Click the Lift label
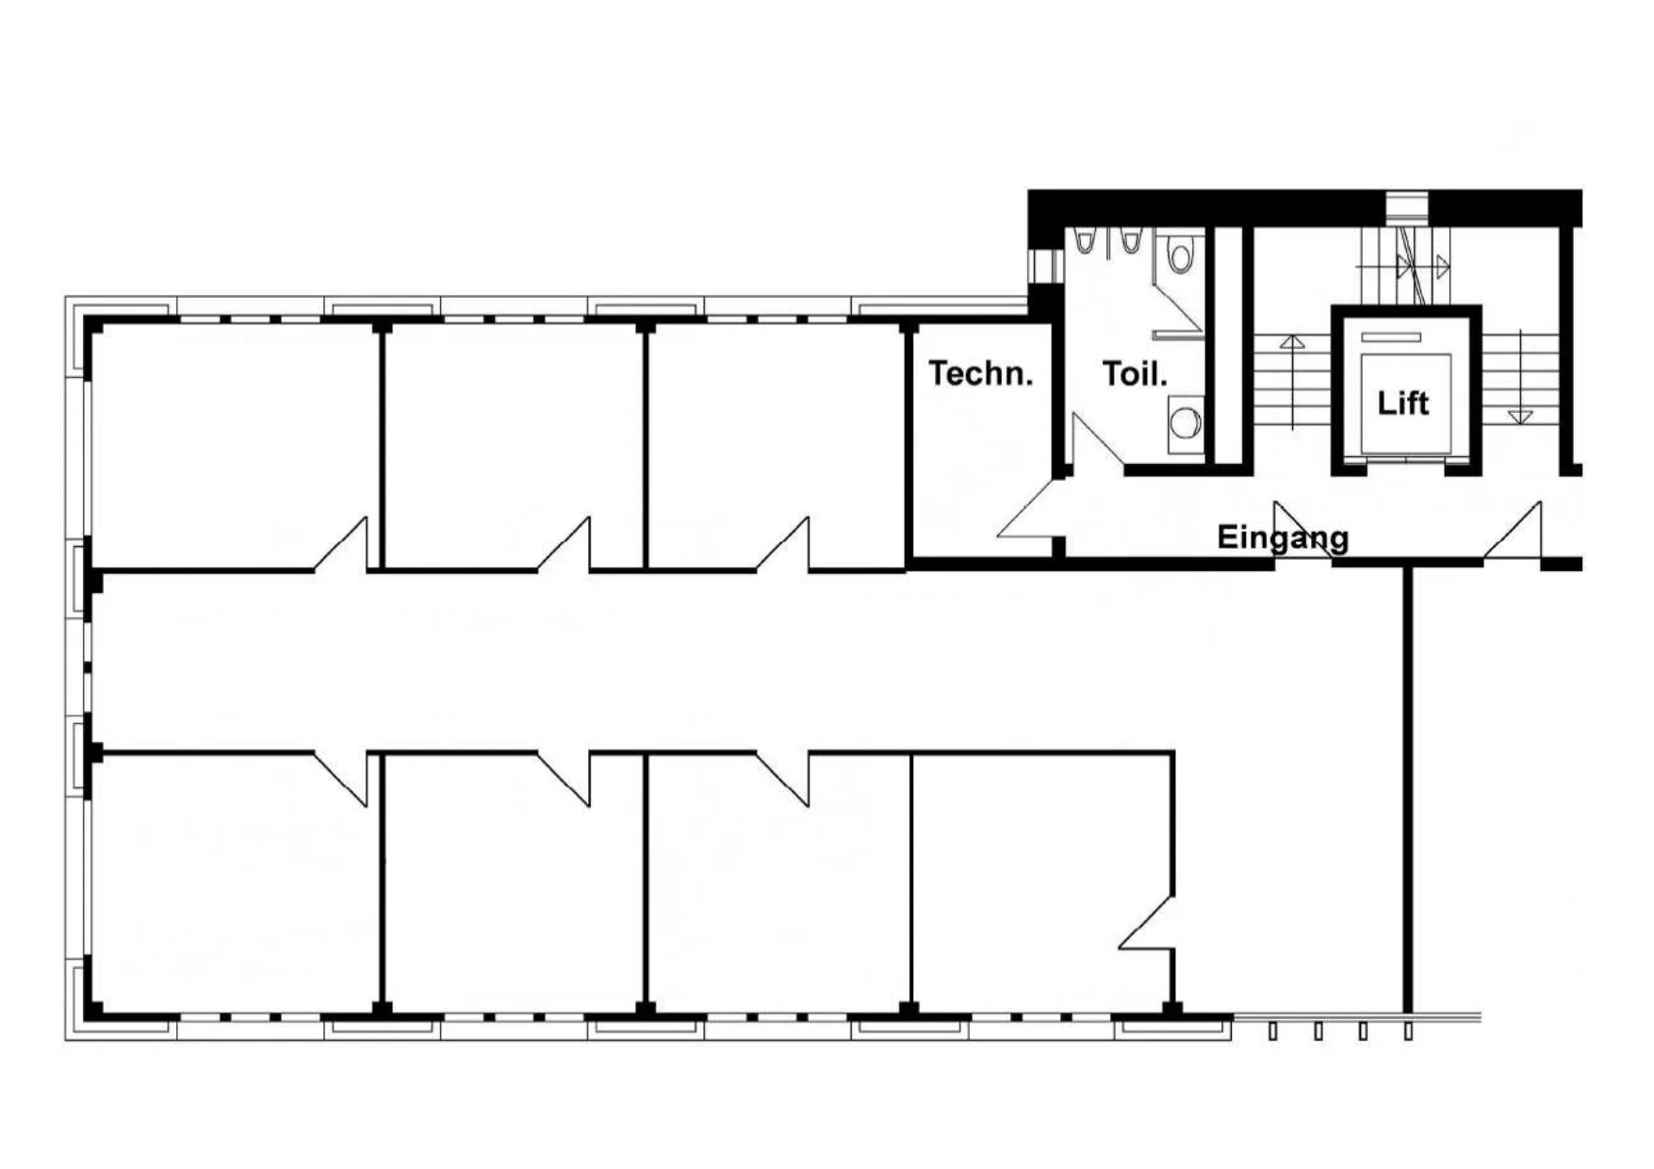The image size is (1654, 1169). click(1402, 403)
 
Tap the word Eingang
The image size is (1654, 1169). click(1283, 537)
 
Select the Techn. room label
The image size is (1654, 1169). click(981, 373)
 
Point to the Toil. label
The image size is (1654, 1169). click(1135, 374)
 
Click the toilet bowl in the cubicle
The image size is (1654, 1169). click(1181, 253)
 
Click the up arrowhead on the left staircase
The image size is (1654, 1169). click(1291, 341)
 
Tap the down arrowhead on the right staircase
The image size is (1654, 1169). click(1519, 416)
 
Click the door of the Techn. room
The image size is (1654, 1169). click(1025, 511)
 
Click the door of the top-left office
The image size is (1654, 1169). click(340, 544)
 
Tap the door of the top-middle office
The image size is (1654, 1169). click(564, 544)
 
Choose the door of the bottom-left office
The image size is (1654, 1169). click(340, 780)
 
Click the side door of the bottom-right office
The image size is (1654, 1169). click(1147, 923)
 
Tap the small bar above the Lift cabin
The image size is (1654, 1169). click(1391, 337)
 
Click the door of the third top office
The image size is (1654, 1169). click(782, 544)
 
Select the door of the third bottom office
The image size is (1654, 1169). click(782, 780)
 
